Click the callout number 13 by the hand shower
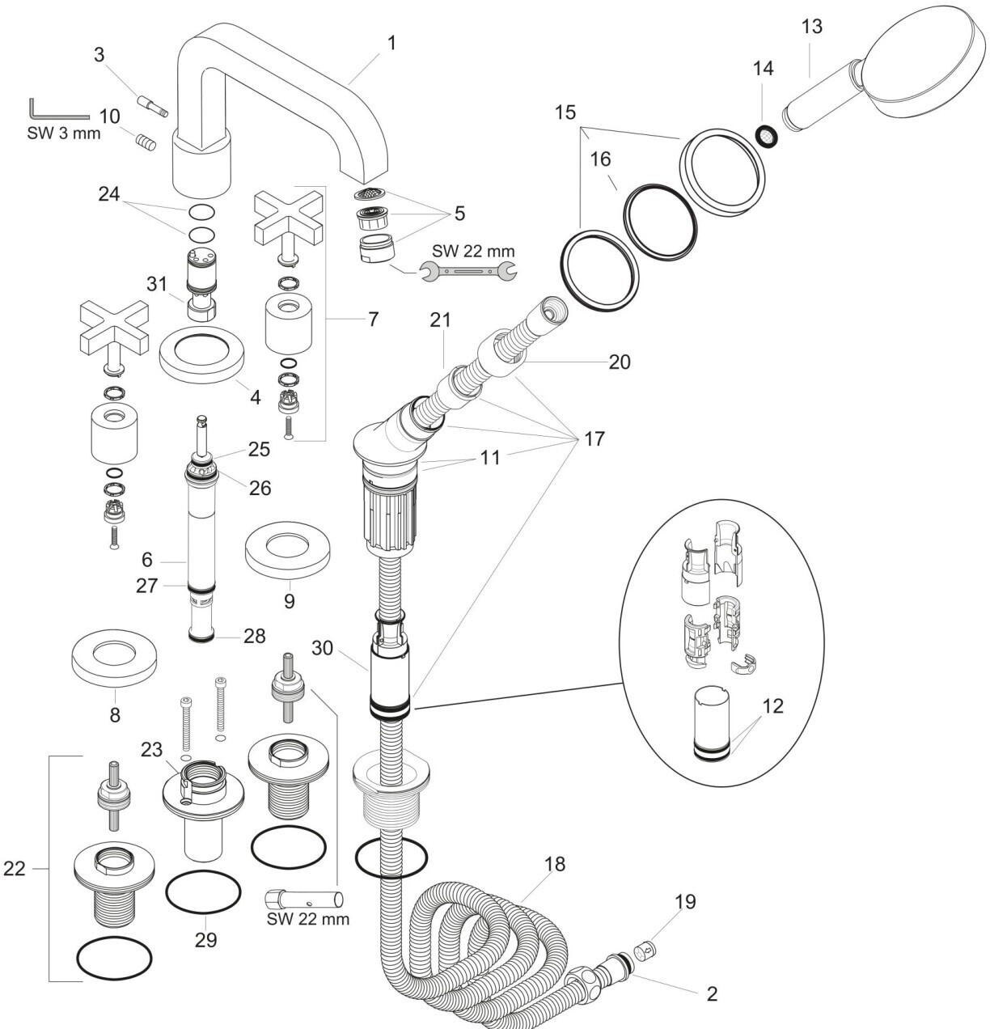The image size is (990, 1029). tap(812, 27)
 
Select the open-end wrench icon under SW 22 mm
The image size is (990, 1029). tap(467, 271)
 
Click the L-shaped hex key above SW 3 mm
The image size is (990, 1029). tap(59, 109)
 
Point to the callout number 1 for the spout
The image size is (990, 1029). tap(391, 43)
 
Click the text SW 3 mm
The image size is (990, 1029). tap(64, 133)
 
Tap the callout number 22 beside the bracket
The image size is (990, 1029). tap(15, 868)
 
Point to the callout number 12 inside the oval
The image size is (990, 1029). tap(772, 705)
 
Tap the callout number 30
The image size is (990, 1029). tap(322, 648)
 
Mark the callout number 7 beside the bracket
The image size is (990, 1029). tap(373, 319)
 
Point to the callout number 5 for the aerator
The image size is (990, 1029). tap(459, 214)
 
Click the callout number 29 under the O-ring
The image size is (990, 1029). tap(205, 940)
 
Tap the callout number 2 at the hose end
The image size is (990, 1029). tap(712, 993)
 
